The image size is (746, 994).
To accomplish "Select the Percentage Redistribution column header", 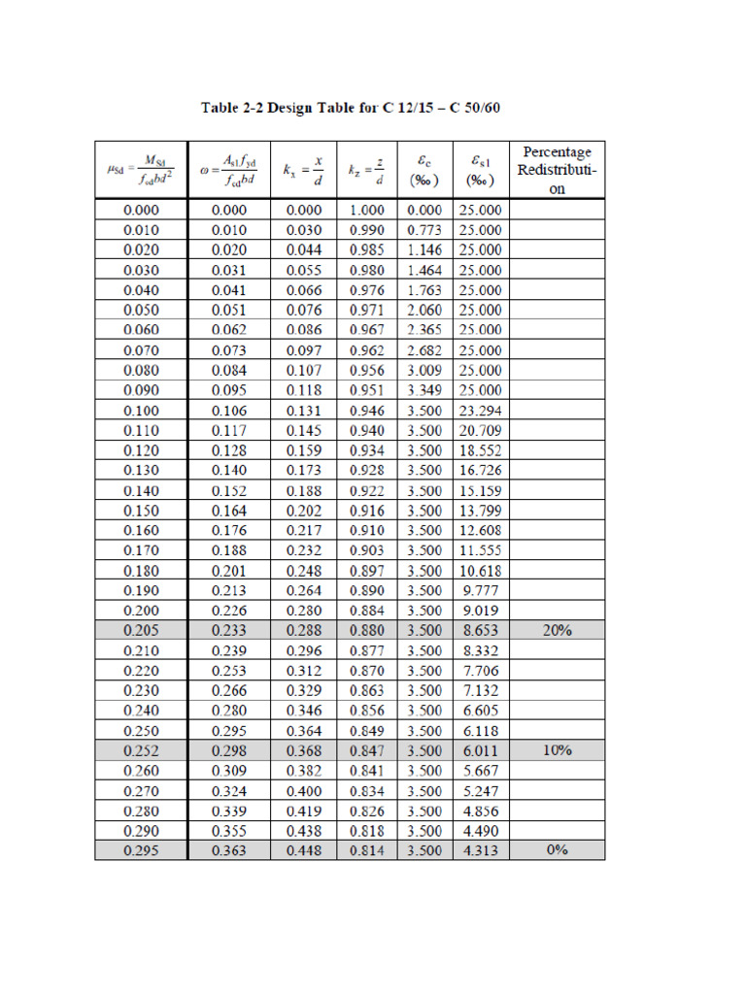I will (557, 170).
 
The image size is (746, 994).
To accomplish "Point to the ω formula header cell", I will (230, 170).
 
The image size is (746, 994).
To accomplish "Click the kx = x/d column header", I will (304, 170).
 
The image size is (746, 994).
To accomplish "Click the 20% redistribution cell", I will (557, 631).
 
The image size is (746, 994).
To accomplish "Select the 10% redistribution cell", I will (557, 750).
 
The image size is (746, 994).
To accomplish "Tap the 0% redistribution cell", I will (557, 850).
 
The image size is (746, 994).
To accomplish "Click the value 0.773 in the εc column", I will (424, 230).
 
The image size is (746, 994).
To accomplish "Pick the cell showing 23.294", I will (481, 411).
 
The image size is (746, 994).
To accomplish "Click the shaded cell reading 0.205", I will (142, 631).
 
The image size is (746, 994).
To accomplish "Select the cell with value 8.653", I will (481, 631).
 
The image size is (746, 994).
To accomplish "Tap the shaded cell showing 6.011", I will (481, 750).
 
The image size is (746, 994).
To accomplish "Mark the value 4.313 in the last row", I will (481, 850).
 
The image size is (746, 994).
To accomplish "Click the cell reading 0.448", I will (304, 850).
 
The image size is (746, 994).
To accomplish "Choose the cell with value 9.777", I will (481, 590).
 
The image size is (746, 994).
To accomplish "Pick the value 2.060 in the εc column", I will (424, 311).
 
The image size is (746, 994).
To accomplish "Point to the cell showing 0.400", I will (304, 791).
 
